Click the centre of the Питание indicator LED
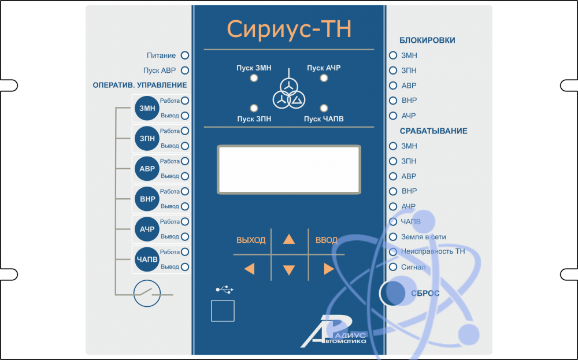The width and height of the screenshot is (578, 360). [x=185, y=55]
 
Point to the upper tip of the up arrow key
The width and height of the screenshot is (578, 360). [x=289, y=234]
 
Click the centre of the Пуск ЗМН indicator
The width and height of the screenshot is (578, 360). [x=254, y=78]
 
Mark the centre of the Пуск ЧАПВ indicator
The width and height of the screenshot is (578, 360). [x=324, y=108]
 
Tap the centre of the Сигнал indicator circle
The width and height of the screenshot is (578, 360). [x=393, y=267]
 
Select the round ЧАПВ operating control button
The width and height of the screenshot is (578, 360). [x=147, y=259]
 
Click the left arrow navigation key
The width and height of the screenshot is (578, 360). [x=250, y=269]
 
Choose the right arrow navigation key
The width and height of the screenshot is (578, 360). [x=329, y=269]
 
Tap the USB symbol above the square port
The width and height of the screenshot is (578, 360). [x=224, y=290]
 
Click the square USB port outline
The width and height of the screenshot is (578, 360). [x=223, y=311]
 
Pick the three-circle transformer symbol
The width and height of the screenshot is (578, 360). [x=289, y=94]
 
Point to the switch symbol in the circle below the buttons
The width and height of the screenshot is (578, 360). [x=147, y=294]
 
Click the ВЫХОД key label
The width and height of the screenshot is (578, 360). [x=251, y=240]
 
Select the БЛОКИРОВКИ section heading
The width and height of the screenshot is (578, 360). [x=427, y=40]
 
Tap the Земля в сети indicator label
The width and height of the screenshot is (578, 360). [x=424, y=237]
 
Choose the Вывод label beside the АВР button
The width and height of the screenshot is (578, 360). [x=170, y=176]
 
